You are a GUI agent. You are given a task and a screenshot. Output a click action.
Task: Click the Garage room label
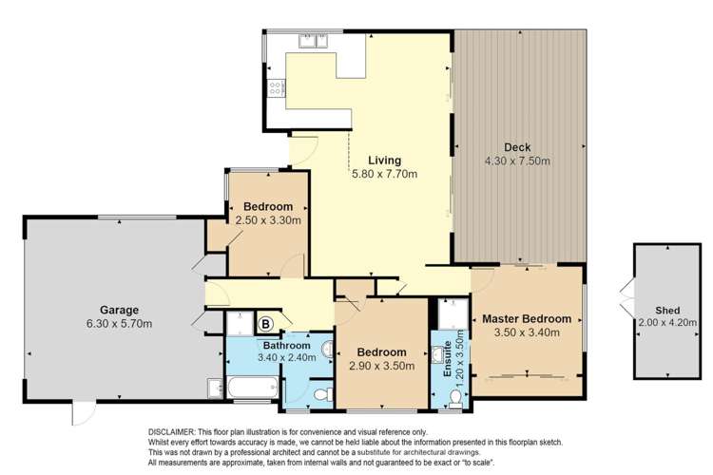(x=120, y=310)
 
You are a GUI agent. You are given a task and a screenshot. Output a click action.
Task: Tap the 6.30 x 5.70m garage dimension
(x=120, y=324)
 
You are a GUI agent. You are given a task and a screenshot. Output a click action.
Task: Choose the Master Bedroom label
(x=526, y=318)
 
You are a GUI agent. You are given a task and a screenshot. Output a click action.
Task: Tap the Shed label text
(x=665, y=310)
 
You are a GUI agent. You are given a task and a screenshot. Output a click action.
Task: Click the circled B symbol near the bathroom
(x=265, y=324)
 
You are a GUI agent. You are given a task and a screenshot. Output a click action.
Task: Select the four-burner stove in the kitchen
(x=277, y=88)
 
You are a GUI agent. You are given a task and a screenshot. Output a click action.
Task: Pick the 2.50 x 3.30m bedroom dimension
(x=268, y=220)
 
